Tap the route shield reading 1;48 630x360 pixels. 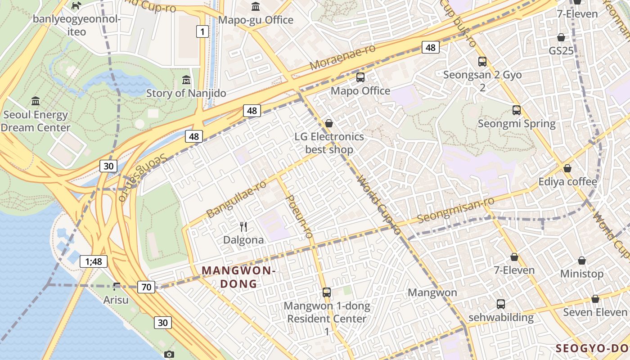click(94, 261)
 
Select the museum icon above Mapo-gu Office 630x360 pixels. click(256, 6)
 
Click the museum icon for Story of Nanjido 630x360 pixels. click(186, 80)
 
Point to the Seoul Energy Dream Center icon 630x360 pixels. click(36, 101)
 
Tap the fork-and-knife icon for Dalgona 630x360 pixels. click(243, 226)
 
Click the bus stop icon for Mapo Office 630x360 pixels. click(360, 77)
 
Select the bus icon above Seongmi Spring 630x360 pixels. click(516, 110)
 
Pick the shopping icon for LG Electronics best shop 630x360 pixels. click(329, 123)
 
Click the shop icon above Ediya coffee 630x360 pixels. click(567, 168)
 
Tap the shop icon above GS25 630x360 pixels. click(561, 37)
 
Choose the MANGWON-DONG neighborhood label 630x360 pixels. click(238, 277)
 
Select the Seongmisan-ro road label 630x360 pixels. click(455, 209)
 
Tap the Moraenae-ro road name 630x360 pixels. click(342, 57)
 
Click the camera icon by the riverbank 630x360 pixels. click(169, 354)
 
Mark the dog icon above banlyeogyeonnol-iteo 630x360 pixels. click(77, 5)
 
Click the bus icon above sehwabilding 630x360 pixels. click(501, 304)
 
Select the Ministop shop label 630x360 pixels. click(581, 274)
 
